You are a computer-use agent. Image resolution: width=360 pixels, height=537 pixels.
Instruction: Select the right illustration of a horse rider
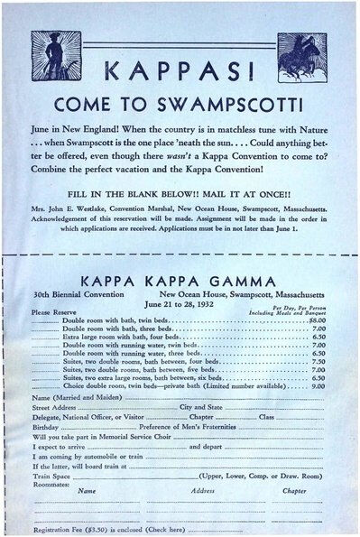pos(303,56)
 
